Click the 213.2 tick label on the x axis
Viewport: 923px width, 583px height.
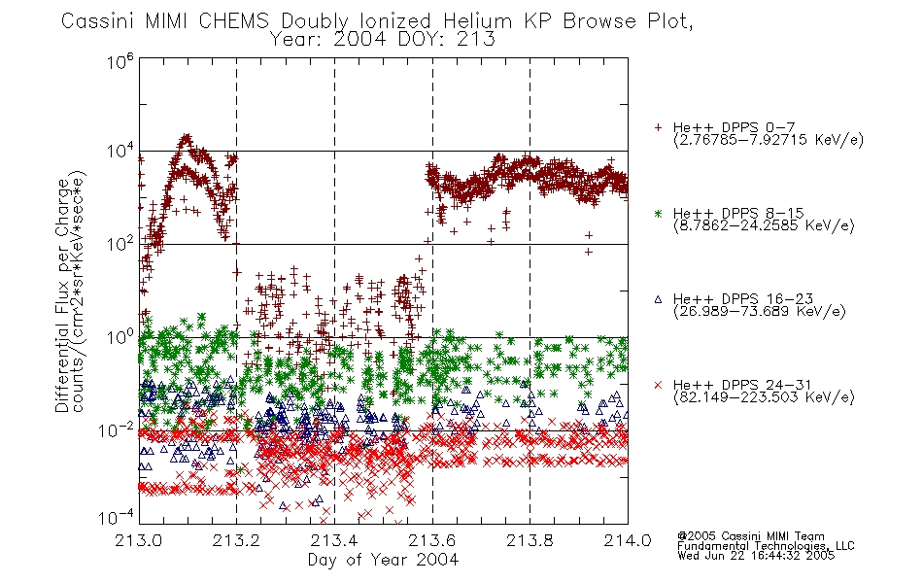coord(237,540)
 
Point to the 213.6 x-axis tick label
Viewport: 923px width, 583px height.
coord(432,540)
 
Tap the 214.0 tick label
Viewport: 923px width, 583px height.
coord(628,540)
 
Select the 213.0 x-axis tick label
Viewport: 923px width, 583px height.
coord(139,540)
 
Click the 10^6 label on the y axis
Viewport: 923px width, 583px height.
coord(120,60)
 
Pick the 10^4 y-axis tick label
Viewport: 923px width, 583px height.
coord(120,151)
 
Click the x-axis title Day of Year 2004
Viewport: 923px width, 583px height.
coord(383,560)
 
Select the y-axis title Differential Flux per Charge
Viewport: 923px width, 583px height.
coord(62,294)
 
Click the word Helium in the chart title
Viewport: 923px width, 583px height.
coord(478,21)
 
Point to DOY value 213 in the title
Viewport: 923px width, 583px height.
coord(476,40)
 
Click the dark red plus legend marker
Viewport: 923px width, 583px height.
coord(658,127)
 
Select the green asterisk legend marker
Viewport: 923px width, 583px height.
coord(658,213)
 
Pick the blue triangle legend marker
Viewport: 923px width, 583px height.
coord(658,299)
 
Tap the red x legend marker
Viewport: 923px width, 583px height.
coord(658,385)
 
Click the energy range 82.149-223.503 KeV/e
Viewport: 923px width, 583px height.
coord(764,397)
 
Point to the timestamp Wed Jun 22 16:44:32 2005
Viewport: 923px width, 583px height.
coord(756,555)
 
